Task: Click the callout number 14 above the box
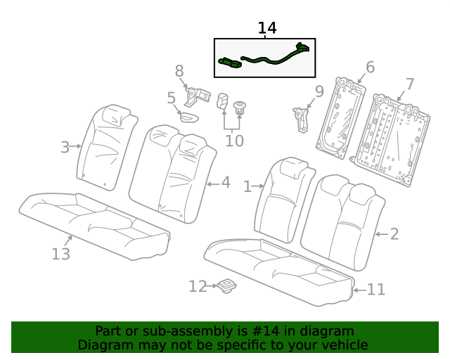267,28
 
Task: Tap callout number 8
179,71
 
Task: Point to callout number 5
171,98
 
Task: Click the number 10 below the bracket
234,141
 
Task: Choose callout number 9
319,91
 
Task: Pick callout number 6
370,67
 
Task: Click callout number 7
409,84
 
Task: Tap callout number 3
65,147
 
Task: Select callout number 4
226,182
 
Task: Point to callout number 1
247,186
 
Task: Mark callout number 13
61,253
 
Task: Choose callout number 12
198,286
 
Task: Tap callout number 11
376,289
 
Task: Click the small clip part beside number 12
226,285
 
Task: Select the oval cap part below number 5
191,117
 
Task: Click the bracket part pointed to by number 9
302,117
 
